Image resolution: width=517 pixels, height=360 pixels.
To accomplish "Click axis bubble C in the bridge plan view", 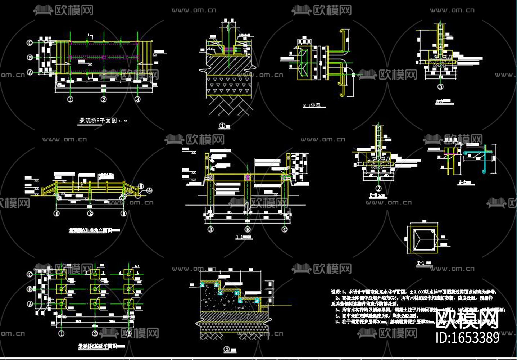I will coord(30,43).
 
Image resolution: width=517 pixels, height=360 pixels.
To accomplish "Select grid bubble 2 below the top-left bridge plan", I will coord(104,99).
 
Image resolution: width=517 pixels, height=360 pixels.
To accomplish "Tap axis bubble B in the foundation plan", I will coord(30,289).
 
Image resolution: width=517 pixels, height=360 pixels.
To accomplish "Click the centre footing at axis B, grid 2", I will coord(95,289).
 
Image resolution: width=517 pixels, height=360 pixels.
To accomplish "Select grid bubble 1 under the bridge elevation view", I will coord(56,213).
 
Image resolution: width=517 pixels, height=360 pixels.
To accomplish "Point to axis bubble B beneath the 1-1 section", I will coord(248,229).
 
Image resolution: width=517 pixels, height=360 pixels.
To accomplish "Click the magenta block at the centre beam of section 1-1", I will coord(248,177).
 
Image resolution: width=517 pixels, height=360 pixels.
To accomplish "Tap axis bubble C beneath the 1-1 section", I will coord(285,229).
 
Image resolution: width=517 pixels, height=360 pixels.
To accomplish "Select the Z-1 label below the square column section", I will coord(420,263).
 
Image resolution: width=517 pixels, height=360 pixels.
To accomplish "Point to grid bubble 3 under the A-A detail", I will coord(440,87).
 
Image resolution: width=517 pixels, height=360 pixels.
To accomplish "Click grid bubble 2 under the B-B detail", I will coord(378,188).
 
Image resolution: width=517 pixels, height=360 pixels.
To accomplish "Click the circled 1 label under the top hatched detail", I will coord(222,126).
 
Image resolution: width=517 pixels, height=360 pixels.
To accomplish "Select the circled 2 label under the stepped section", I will coord(227,349).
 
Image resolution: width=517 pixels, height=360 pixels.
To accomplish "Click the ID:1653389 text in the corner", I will coord(467,338).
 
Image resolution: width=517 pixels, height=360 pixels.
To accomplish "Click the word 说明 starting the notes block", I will coord(335,292).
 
